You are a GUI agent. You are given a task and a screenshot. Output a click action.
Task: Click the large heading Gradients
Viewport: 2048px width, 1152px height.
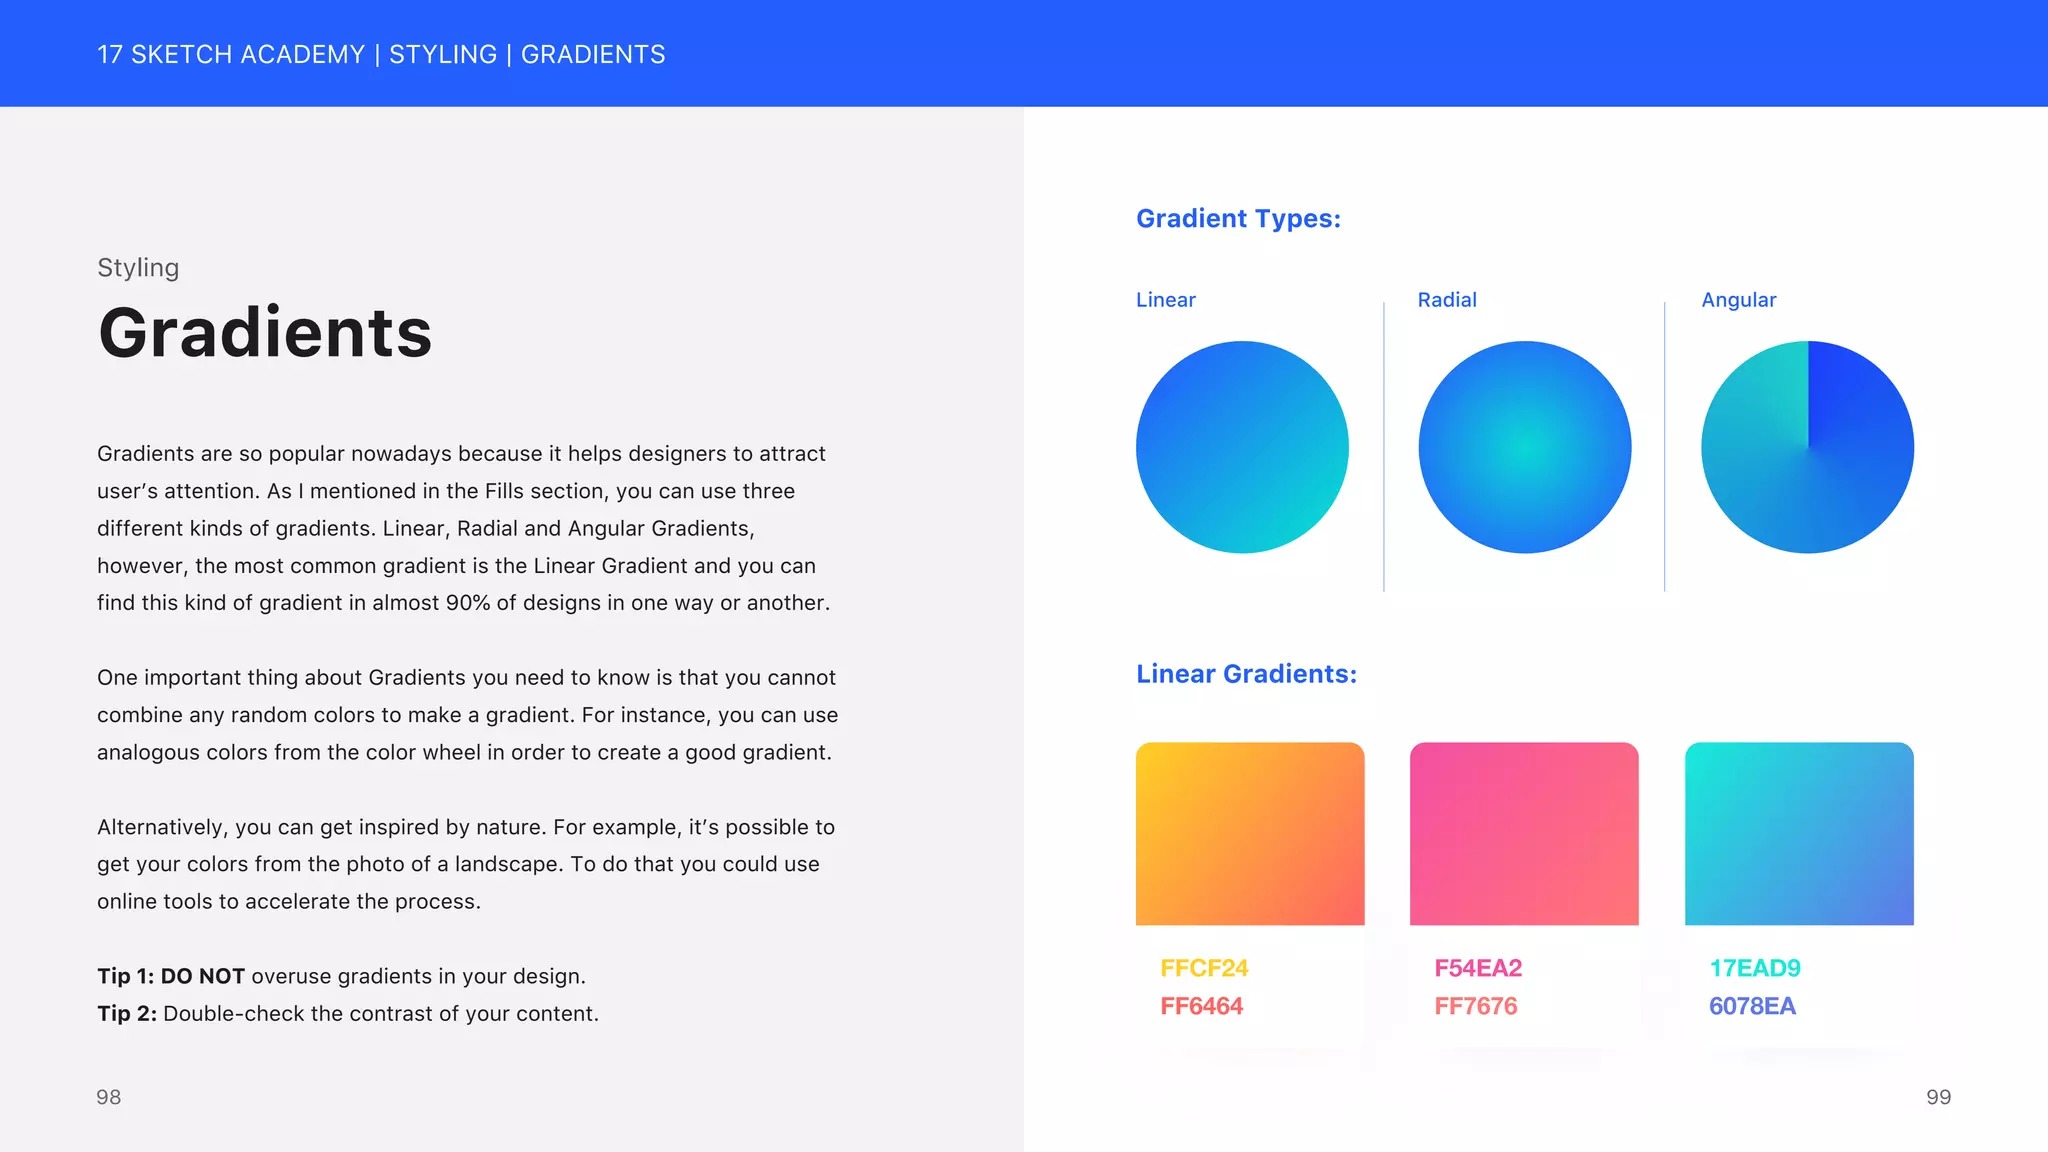[x=265, y=333]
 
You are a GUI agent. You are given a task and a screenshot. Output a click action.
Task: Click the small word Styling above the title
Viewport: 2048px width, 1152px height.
[x=138, y=268]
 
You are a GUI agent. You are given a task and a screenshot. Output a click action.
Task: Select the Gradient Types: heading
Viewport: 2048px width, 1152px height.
[x=1238, y=218]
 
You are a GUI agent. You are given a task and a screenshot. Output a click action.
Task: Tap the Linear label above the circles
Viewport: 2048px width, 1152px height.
[x=1165, y=300]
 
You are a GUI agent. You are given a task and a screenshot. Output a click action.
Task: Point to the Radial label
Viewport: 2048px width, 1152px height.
[x=1446, y=300]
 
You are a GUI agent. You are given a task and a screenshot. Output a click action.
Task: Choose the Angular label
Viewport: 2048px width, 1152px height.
[x=1738, y=300]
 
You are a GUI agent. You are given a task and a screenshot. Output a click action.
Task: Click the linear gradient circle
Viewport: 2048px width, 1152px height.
[x=1242, y=447]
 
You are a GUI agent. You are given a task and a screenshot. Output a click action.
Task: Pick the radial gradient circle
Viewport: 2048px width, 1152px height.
[x=1524, y=447]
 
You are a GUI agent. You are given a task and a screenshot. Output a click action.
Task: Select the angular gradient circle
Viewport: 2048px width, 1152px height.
[x=1807, y=447]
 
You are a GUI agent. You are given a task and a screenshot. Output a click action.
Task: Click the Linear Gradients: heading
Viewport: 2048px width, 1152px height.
[x=1246, y=674]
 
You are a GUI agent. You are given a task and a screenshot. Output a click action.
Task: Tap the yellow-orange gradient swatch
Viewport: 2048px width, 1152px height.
[x=1250, y=833]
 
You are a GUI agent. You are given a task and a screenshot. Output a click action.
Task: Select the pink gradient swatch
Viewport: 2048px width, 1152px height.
[x=1524, y=833]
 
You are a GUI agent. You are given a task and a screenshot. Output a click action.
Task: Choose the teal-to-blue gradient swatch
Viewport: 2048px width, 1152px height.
[x=1799, y=833]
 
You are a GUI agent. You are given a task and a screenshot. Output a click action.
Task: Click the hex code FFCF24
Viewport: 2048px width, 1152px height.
[x=1204, y=968]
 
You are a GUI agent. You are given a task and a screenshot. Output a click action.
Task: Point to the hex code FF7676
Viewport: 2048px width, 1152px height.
[x=1475, y=1006]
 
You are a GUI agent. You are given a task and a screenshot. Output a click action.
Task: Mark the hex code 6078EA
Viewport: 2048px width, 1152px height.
[x=1752, y=1006]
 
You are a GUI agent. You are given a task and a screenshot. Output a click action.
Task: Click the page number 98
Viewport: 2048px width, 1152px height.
[x=108, y=1097]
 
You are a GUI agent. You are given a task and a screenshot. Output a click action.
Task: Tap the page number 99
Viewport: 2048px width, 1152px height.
[x=1938, y=1097]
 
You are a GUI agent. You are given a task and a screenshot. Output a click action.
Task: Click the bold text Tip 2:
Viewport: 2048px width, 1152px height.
[x=127, y=1013]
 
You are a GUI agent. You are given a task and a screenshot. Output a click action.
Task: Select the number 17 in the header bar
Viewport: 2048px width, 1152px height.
[x=109, y=54]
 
